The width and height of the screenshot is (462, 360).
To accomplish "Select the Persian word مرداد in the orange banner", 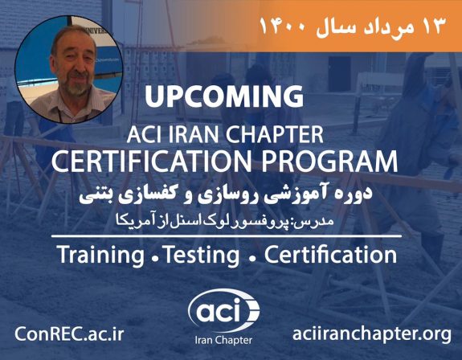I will pyautogui.click(x=386, y=24).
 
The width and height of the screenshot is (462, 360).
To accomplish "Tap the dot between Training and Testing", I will pyautogui.click(x=153, y=258).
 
